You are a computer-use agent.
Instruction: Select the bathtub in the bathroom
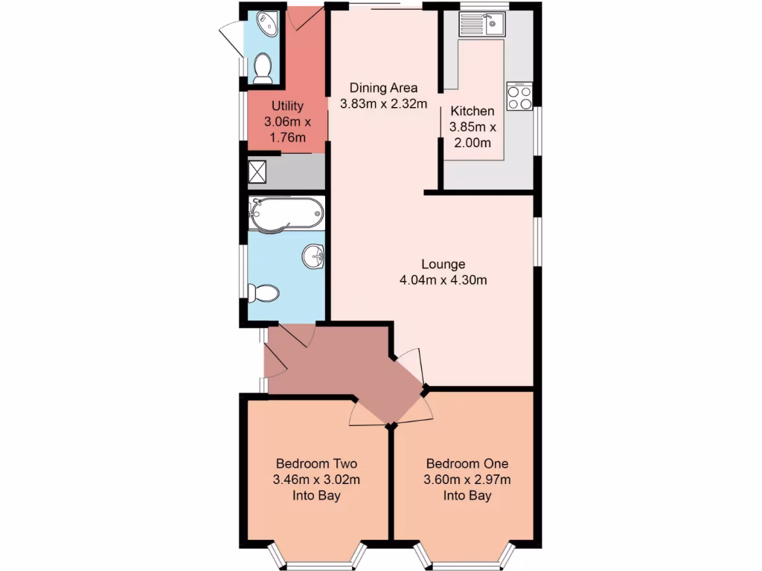286,213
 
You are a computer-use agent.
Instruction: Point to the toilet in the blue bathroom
264,293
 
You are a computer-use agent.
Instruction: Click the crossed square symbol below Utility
257,172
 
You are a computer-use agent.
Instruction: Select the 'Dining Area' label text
383,88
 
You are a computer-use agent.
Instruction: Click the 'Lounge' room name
443,264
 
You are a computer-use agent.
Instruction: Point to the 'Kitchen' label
472,111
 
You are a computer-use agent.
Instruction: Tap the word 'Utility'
287,106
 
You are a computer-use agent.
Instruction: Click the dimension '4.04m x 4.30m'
443,280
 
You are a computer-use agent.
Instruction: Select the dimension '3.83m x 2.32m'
383,104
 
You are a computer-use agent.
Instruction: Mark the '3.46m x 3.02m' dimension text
317,478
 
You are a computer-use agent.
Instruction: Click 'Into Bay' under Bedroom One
467,495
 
